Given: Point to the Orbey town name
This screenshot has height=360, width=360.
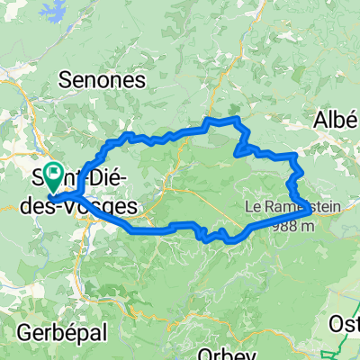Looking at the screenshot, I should pyautogui.click(x=219, y=353).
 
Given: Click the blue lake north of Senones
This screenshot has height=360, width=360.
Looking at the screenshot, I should pyautogui.click(x=42, y=10).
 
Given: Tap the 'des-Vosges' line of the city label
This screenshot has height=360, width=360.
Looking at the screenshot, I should pyautogui.click(x=90, y=208).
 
